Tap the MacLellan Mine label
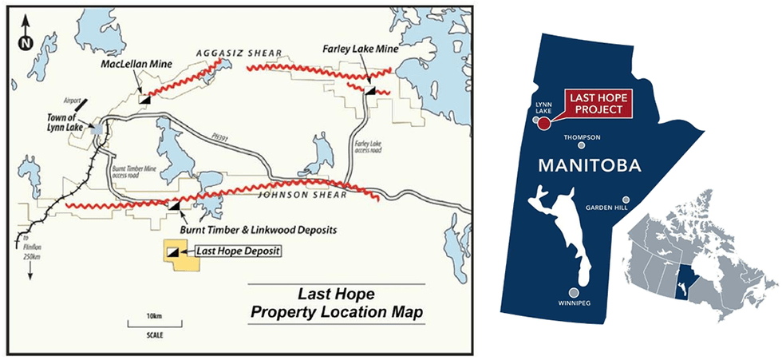pyautogui.click(x=132, y=63)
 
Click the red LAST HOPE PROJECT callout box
pyautogui.click(x=596, y=104)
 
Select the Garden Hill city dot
pyautogui.click(x=626, y=200)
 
